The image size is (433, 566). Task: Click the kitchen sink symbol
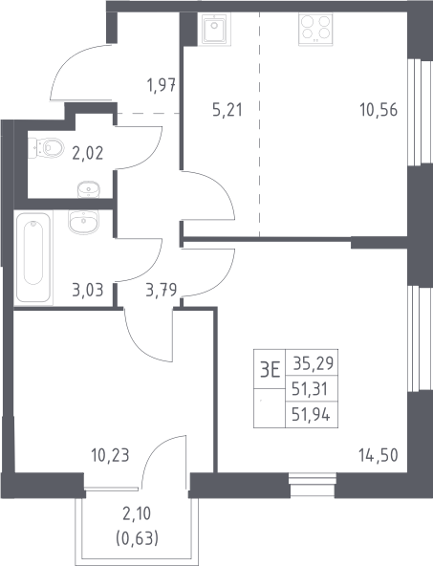click(x=214, y=29)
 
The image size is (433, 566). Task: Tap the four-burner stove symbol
click(x=315, y=30)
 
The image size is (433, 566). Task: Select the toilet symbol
click(x=46, y=147)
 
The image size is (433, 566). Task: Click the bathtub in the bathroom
click(x=33, y=257)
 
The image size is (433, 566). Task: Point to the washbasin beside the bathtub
click(x=83, y=221)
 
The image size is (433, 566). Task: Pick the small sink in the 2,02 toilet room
click(x=88, y=189)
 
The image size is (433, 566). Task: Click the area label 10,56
click(x=379, y=110)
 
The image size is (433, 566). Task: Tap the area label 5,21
click(x=227, y=110)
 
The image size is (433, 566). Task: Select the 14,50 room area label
click(x=379, y=455)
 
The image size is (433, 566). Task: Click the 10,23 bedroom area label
click(x=110, y=455)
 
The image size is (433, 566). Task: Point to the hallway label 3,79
click(x=162, y=290)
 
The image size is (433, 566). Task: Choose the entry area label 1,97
click(x=162, y=85)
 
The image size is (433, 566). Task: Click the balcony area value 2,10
click(x=137, y=513)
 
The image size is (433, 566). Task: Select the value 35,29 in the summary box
click(x=314, y=363)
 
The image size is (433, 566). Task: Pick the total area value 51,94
click(x=311, y=415)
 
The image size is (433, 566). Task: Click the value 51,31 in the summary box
click(x=310, y=389)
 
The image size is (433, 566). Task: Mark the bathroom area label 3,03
click(x=88, y=290)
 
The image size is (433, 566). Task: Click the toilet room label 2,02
click(x=88, y=153)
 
